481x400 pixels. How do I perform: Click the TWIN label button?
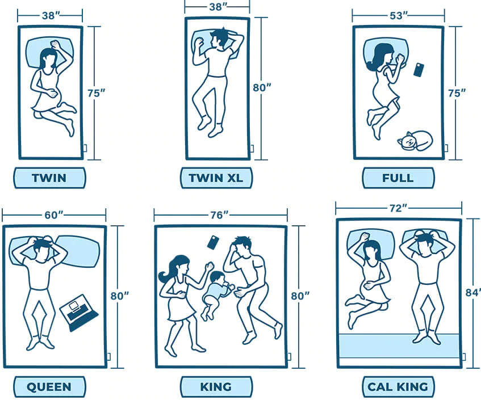49,178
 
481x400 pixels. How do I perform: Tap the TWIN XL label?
216,178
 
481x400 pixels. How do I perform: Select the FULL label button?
398,178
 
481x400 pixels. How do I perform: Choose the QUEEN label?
49,388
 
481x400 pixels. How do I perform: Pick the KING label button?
216,388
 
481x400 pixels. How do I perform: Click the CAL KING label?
398,388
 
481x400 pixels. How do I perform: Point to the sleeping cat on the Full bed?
415,141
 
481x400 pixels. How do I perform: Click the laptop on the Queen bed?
78,311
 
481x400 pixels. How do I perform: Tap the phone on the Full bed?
419,70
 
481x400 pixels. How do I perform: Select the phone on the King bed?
213,242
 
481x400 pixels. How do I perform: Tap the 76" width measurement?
221,214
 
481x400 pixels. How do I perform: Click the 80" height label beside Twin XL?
261,88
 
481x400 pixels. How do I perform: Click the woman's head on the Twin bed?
48,57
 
